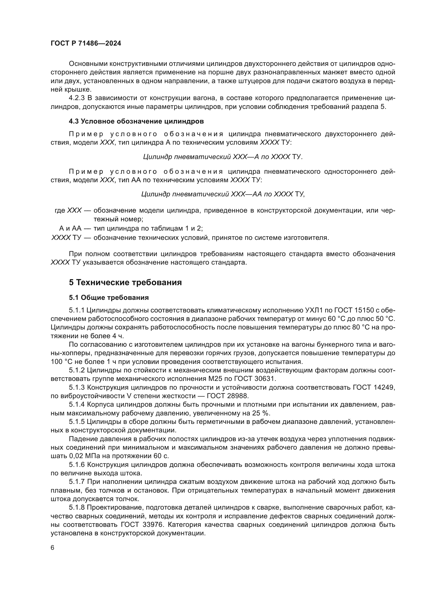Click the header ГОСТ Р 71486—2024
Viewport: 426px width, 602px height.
[x=86, y=43]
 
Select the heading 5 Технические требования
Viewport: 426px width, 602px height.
[x=125, y=283]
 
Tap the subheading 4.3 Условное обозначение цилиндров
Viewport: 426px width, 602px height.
[x=137, y=121]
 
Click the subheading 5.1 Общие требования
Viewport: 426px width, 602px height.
[x=109, y=298]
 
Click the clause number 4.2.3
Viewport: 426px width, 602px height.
[x=76, y=98]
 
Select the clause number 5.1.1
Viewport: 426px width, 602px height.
[x=76, y=310]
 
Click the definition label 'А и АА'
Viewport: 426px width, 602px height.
[x=70, y=228]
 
